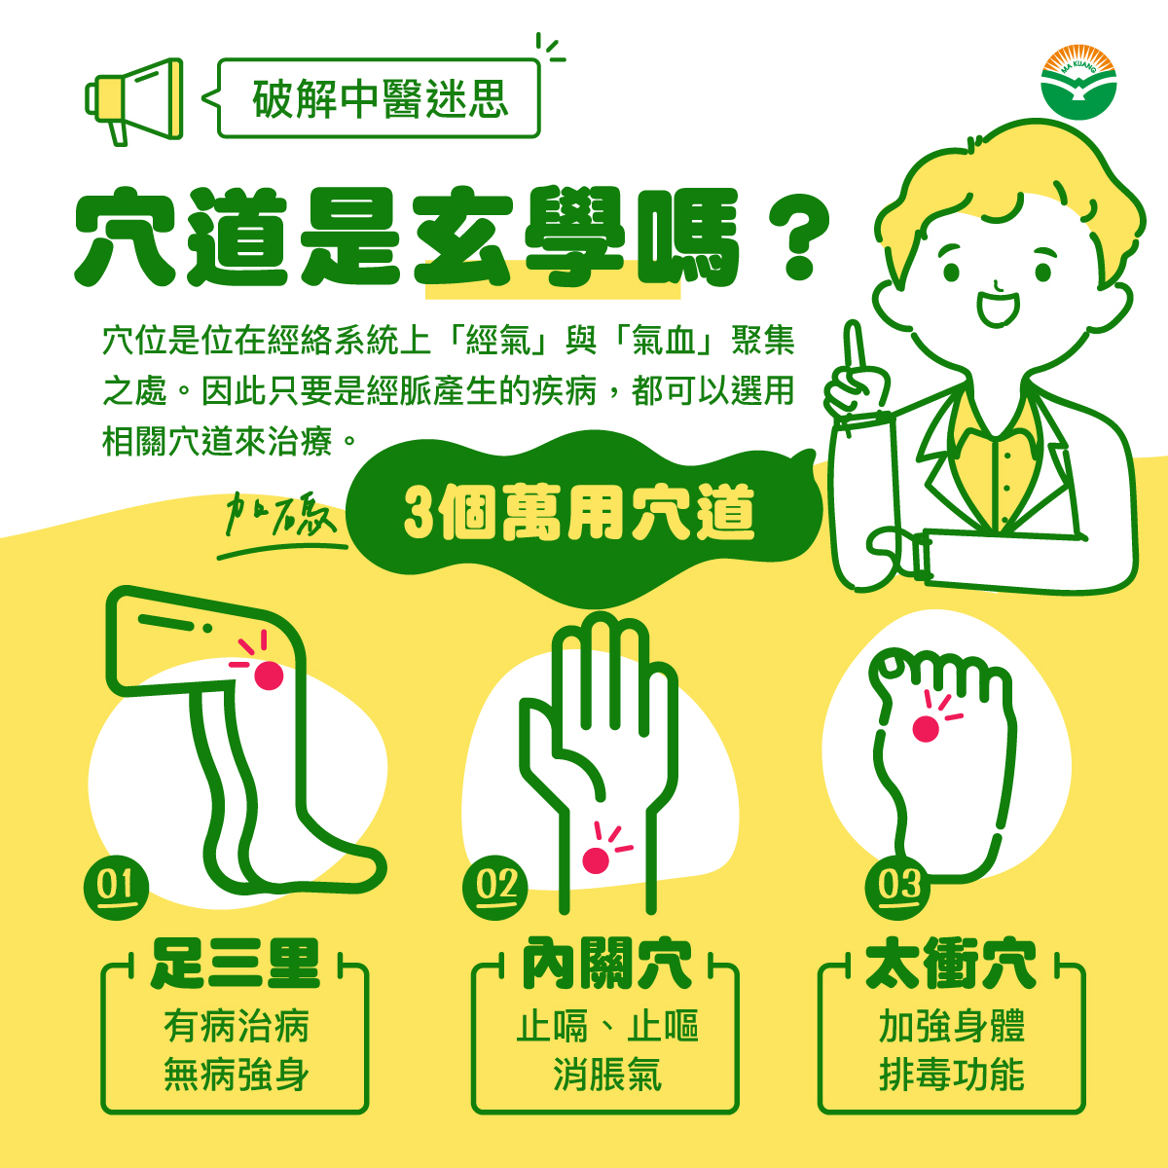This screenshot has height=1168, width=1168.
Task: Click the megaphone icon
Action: [134, 100]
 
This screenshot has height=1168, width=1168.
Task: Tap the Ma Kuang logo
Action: [1078, 83]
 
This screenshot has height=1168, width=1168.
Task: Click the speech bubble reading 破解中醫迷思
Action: [379, 98]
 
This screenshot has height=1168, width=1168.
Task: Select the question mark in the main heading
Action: [798, 240]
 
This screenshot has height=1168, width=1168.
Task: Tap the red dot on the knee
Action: [269, 675]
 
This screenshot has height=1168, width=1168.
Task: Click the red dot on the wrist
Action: [596, 860]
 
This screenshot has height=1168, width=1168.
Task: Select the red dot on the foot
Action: [926, 729]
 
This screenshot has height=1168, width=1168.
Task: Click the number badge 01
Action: [117, 888]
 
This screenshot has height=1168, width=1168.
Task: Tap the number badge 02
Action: [495, 888]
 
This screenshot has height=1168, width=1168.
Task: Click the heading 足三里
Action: [235, 965]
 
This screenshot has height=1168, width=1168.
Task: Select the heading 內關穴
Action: [606, 965]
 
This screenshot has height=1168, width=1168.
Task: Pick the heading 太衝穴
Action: [950, 965]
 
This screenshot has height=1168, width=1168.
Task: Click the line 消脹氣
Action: [606, 1076]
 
